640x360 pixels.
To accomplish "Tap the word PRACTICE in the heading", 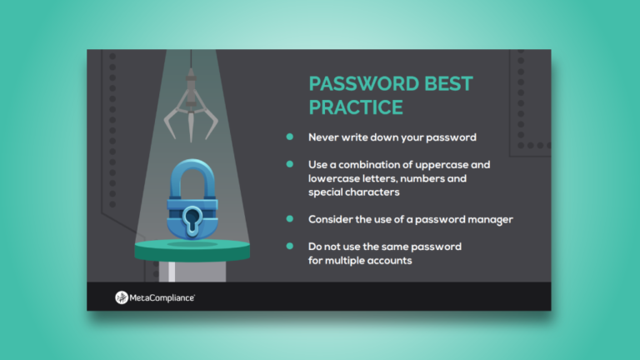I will [x=356, y=107].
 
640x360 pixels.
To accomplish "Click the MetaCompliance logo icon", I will [x=122, y=297].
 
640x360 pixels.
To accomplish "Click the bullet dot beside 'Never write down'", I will [x=290, y=136].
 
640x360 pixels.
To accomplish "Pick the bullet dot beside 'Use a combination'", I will [x=290, y=164].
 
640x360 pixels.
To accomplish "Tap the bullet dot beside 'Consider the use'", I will [x=290, y=218].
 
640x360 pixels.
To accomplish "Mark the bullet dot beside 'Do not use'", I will [x=290, y=247].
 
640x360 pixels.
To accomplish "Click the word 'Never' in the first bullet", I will [x=323, y=136].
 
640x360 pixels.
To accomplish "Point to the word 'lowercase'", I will [x=334, y=177].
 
